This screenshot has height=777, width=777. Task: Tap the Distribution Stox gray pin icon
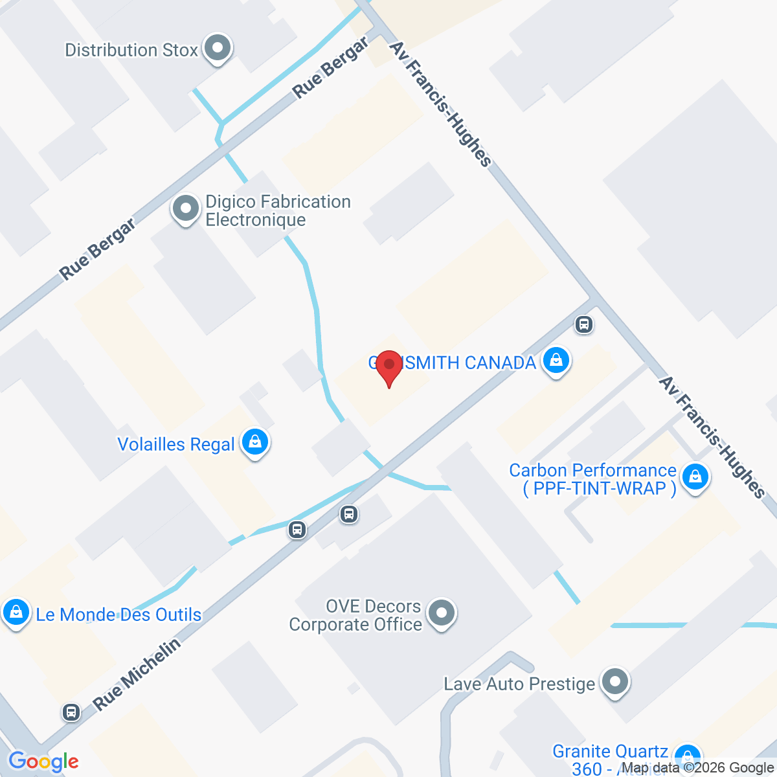coord(218,48)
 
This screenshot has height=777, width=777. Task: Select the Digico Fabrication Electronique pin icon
coord(186,209)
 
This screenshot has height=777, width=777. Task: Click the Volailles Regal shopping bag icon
coord(255,442)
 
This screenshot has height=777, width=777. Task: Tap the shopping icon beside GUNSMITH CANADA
coord(556,361)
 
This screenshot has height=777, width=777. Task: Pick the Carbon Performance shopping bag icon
coord(695,477)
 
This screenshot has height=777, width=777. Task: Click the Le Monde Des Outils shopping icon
coord(16,612)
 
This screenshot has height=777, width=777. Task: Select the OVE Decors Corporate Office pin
coord(442,612)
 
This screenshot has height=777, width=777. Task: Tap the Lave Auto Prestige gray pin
coord(614,682)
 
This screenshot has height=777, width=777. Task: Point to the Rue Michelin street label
coord(137,674)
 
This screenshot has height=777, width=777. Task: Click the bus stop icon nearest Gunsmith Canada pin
coord(584,324)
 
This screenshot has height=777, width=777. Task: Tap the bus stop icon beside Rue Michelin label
coord(71,712)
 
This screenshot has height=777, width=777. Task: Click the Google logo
coord(43,762)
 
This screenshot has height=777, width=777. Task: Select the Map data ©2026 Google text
coord(697,768)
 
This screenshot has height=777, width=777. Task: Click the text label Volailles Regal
coord(176,445)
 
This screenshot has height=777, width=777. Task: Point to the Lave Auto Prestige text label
coord(519,684)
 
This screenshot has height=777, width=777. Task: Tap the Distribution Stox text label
coord(131,51)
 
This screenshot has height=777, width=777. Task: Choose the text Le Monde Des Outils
coord(118,614)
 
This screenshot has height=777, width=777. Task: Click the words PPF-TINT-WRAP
coord(600,488)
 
